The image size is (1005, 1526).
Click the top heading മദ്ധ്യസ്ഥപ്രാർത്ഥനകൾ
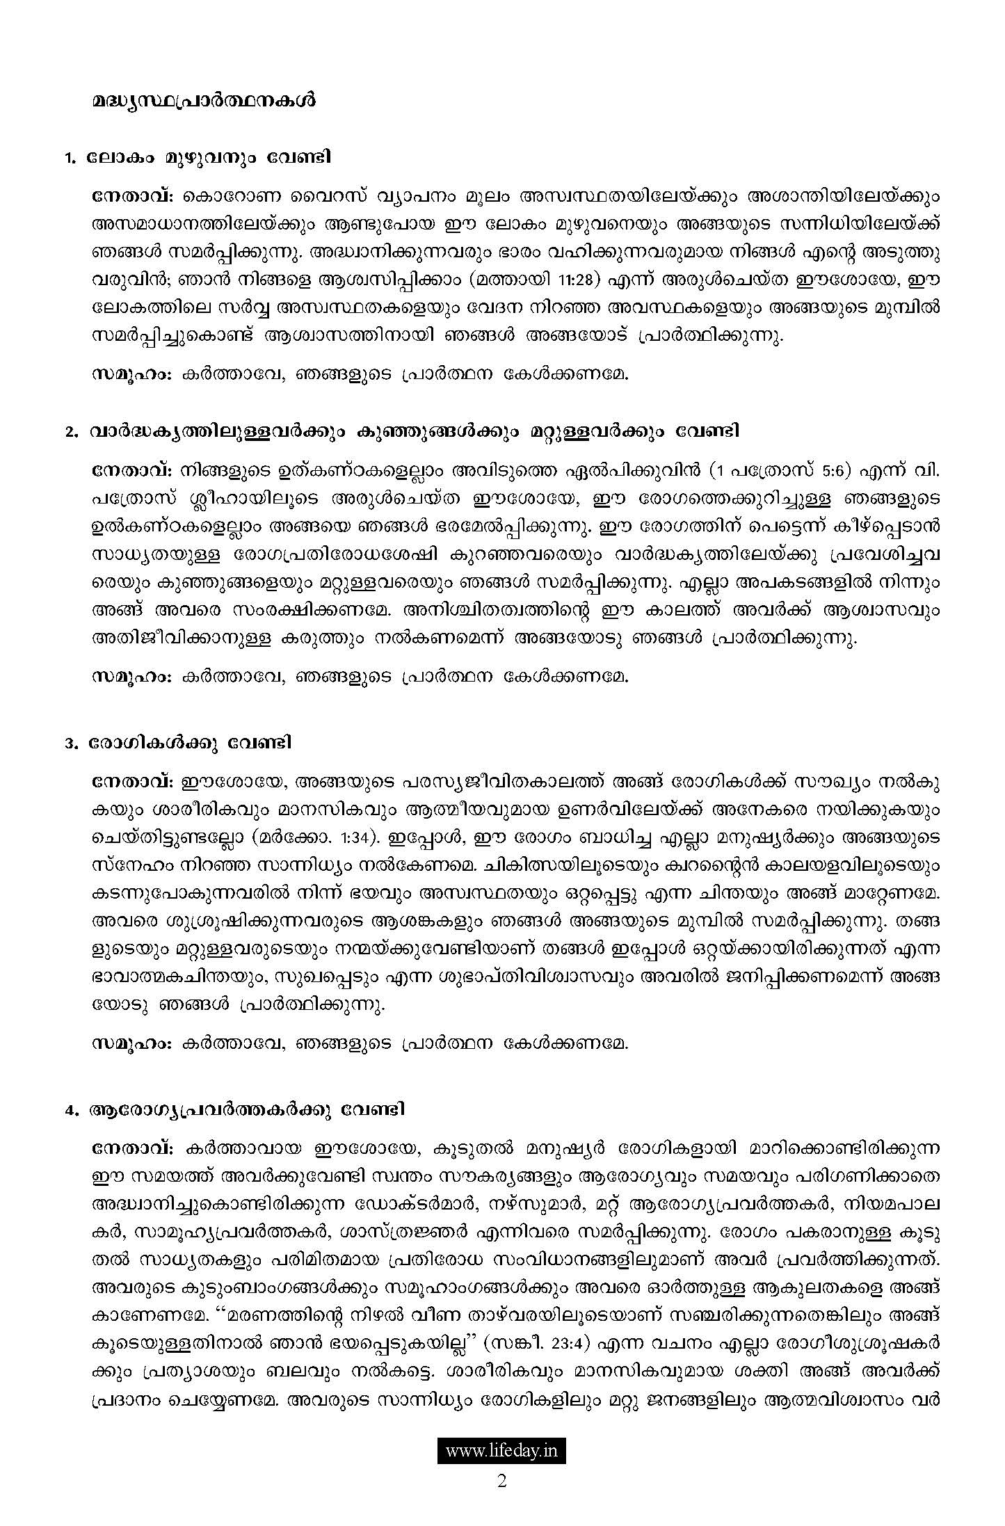click(203, 101)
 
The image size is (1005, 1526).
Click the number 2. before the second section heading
click(70, 433)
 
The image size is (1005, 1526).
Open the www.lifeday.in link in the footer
click(501, 1452)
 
